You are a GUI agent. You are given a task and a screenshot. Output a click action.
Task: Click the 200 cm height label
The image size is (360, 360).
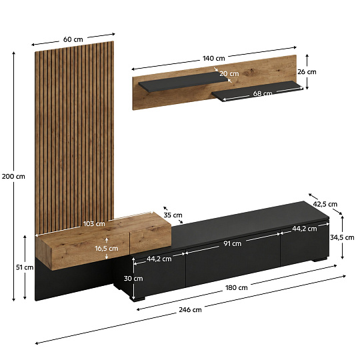pos(13,176)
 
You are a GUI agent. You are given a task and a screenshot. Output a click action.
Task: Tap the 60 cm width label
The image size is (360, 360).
pos(73,39)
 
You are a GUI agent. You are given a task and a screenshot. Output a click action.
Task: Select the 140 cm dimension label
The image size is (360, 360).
pos(214,58)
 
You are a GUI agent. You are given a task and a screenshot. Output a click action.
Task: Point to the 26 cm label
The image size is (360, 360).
pos(307,72)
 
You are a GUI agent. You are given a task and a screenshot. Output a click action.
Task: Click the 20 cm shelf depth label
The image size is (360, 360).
pos(229,74)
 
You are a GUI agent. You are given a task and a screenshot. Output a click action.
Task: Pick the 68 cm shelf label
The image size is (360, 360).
pos(263,93)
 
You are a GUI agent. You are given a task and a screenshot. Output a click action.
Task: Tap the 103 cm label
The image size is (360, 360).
pos(94,223)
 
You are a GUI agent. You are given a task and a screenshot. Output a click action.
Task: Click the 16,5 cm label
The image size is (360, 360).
pos(107,249)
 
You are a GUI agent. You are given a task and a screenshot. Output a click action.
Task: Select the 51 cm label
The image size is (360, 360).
pos(25,267)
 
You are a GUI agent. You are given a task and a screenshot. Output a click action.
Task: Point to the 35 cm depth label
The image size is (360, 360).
pos(173,215)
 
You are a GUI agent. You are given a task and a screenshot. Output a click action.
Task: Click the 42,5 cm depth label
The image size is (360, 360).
pos(325,204)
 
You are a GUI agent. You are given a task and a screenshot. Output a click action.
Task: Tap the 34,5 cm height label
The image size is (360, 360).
pos(342,237)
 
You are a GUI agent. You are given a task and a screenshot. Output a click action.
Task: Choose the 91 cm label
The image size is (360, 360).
pos(233,243)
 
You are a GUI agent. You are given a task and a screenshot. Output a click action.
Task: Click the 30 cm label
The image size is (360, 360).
pos(133,279)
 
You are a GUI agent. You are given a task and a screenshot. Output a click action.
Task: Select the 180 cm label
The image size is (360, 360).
pos(237,288)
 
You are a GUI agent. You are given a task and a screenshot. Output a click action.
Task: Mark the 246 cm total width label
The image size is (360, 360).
pos(190,310)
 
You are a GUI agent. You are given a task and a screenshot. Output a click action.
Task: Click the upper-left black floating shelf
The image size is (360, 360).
pos(183,82)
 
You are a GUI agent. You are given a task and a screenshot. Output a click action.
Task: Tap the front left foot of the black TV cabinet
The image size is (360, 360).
pos(137,299)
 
